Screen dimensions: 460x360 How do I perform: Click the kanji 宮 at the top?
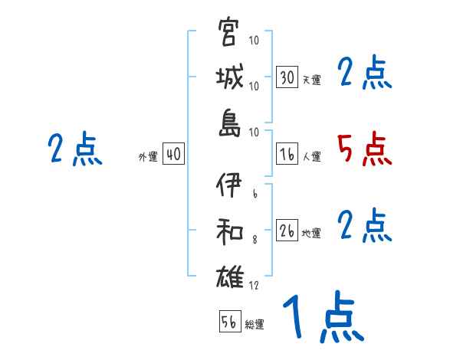pyautogui.click(x=229, y=35)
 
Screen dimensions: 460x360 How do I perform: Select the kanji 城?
pyautogui.click(x=229, y=79)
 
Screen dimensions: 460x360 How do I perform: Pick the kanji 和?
pyautogui.click(x=229, y=233)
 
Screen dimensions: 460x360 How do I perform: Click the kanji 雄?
pyautogui.click(x=229, y=277)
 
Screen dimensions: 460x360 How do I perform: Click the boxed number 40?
pyautogui.click(x=173, y=154)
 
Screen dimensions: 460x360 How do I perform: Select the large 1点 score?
pyautogui.click(x=322, y=317)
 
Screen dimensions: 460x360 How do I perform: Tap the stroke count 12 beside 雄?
pyautogui.click(x=255, y=286)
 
